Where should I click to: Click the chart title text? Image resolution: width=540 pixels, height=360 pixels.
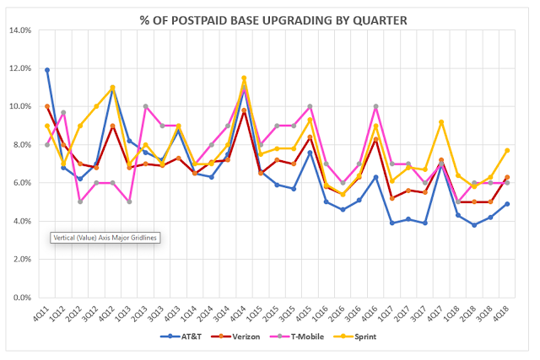coord(273,20)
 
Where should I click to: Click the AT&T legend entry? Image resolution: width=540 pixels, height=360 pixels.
coord(181,336)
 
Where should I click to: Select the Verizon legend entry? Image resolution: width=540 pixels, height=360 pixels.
coord(235,336)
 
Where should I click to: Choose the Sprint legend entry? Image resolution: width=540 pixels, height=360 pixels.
coord(355,336)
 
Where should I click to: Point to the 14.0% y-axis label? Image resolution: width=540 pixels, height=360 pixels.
coord(20,30)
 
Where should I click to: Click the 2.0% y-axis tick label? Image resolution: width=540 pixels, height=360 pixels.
coord(23,259)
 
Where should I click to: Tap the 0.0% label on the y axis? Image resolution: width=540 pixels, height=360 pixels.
coord(23,298)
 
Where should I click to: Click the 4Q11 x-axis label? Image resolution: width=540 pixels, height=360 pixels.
coord(41,313)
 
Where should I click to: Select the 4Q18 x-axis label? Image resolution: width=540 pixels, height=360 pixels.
coord(501,313)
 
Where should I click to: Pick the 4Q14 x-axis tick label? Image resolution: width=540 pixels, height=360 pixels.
coord(238,313)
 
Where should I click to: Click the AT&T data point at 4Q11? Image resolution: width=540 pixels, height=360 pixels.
coord(47,70)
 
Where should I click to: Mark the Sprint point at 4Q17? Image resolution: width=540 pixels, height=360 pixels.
coord(441,122)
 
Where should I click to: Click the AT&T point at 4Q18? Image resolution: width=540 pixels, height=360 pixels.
coord(507,204)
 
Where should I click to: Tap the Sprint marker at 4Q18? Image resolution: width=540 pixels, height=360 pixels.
coord(507,150)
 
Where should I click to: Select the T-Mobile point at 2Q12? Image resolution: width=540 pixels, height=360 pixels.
coord(80,201)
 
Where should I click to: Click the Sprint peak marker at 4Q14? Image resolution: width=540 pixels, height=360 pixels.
coord(244,78)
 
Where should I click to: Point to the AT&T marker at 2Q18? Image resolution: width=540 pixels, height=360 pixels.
coord(474,225)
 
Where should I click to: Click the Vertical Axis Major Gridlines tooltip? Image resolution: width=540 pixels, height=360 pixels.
coord(105,238)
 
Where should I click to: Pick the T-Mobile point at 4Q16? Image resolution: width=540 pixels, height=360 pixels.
coord(375,106)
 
